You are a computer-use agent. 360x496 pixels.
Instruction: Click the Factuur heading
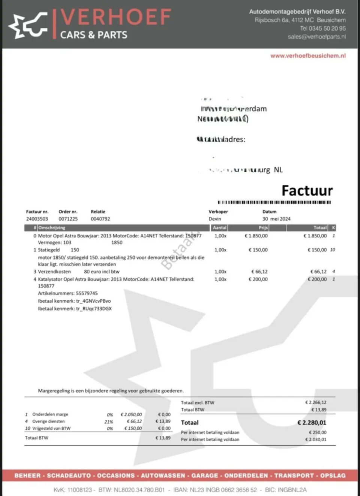[307, 191]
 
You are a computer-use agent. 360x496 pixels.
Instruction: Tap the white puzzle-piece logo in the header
[28, 25]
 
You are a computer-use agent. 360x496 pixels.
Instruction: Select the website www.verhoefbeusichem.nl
[308, 56]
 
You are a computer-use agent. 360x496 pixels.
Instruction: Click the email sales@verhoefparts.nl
[317, 37]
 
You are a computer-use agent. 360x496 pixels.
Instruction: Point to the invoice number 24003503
[37, 219]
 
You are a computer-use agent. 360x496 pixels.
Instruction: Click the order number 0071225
[68, 219]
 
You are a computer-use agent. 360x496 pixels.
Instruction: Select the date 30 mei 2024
[276, 219]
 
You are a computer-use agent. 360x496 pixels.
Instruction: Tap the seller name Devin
[215, 219]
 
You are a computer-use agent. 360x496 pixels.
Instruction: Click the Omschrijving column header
[52, 228]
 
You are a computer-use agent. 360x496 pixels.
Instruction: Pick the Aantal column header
[219, 228]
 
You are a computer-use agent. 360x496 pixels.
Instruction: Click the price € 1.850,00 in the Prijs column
[256, 236]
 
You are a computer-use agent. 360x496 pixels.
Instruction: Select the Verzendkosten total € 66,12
[318, 272]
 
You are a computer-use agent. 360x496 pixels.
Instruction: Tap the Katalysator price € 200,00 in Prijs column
[258, 279]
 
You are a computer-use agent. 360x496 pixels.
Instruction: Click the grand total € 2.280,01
[312, 423]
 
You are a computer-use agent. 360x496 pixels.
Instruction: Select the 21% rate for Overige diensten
[109, 421]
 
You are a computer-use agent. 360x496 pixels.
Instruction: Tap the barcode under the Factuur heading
[274, 202]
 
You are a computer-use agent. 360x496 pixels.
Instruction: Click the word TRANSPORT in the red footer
[294, 475]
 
